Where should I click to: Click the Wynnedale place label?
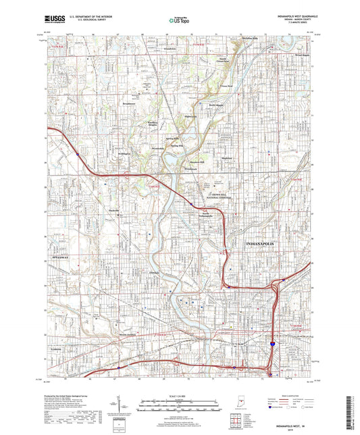158,146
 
